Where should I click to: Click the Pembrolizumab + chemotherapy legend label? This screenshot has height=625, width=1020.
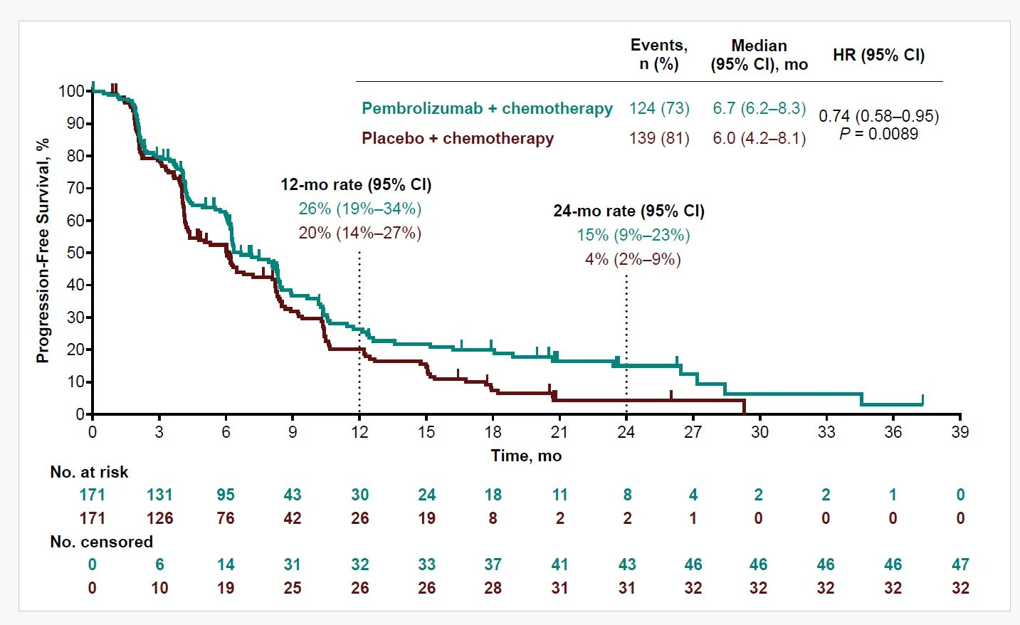tap(488, 108)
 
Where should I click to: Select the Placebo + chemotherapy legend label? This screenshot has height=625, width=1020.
tap(458, 138)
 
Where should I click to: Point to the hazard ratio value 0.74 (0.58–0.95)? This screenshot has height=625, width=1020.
tap(879, 116)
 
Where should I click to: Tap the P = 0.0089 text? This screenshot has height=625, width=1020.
tap(879, 134)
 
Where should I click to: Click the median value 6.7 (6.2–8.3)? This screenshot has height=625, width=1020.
tap(759, 108)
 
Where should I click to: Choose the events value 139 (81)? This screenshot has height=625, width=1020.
tap(659, 138)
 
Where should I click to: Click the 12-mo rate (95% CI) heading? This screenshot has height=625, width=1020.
tap(356, 184)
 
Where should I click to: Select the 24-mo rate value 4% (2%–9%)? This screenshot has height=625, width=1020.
tap(633, 259)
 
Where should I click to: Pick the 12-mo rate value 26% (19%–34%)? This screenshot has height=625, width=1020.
tap(359, 209)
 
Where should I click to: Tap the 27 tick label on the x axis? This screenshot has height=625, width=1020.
tap(693, 432)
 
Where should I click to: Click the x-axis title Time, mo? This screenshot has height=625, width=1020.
tap(526, 456)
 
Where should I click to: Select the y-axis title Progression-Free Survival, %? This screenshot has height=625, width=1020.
tap(42, 251)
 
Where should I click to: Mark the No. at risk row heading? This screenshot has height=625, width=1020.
tap(89, 472)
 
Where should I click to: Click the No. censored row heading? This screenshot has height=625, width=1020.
tap(101, 542)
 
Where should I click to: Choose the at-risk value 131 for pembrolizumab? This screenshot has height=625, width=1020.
tap(159, 495)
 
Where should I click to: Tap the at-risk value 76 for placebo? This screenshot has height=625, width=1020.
tap(226, 518)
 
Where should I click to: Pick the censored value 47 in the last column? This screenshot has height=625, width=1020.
tap(960, 564)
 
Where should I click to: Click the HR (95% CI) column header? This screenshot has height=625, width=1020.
tap(879, 55)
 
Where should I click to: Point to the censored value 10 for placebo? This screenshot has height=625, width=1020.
tap(159, 588)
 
